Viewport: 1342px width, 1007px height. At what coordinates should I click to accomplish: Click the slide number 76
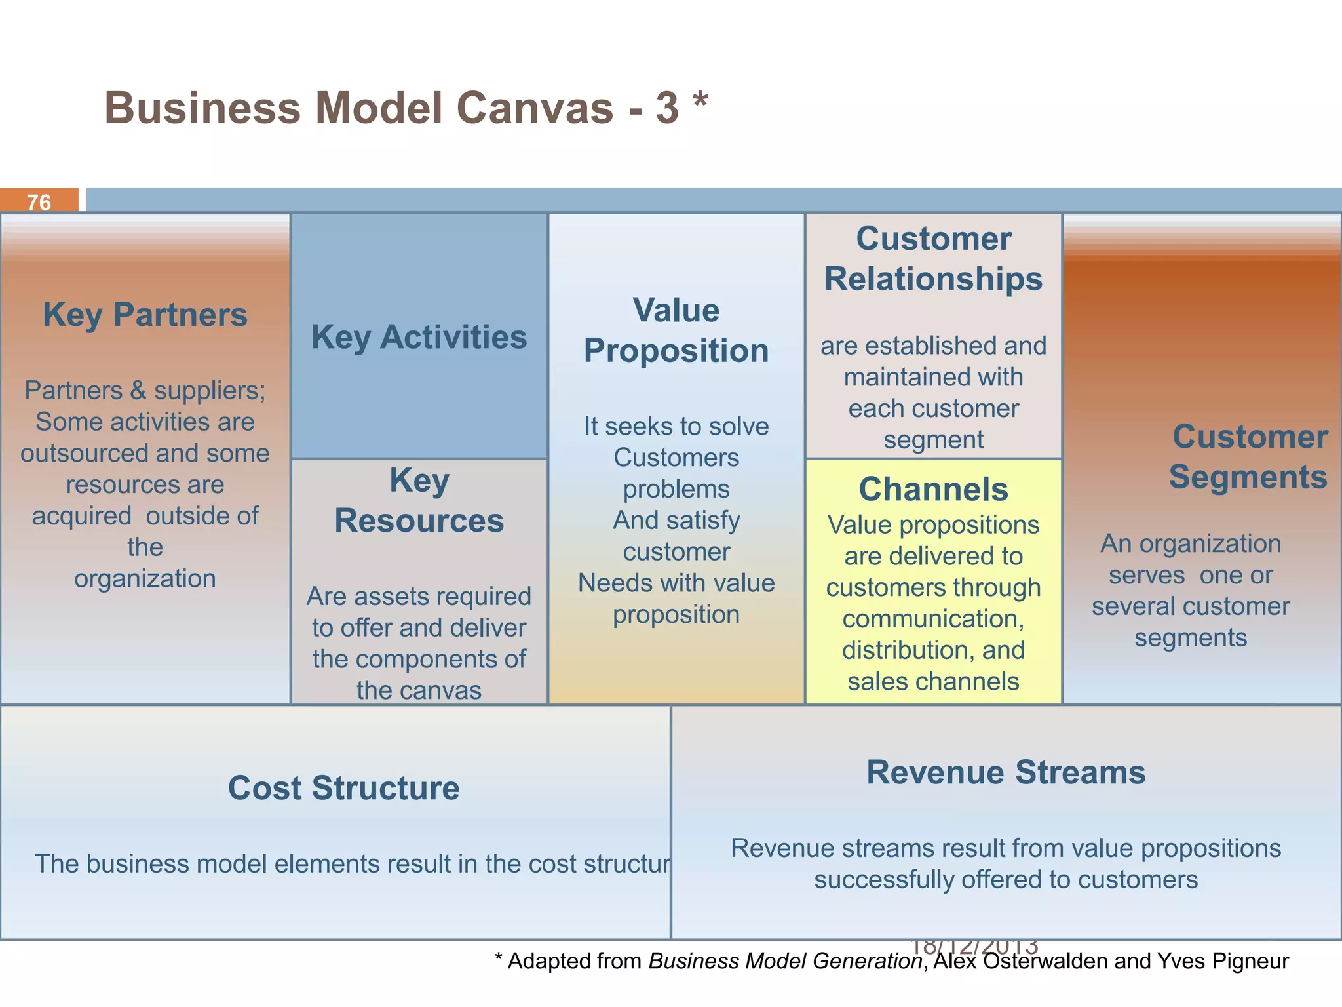coord(39,203)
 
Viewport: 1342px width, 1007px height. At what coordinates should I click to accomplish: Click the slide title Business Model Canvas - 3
coord(391,108)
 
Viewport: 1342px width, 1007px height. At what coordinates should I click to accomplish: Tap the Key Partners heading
coord(145,315)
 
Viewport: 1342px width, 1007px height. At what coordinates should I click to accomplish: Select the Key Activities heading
coord(419,337)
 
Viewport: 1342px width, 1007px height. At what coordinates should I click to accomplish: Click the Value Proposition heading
coord(676,330)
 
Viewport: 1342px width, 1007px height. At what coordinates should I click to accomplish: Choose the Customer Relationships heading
coord(933,259)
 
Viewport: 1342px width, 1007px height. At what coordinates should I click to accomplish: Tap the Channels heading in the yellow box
coord(933,489)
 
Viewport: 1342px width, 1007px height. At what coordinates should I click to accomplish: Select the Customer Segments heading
coord(1249,457)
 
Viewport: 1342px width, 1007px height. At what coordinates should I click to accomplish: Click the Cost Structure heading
coord(343,788)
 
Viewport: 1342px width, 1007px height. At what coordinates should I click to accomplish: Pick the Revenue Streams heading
coord(1006,772)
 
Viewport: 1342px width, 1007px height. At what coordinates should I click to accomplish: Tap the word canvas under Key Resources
coord(452,690)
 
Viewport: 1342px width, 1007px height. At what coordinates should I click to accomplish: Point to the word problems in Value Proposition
coord(676,489)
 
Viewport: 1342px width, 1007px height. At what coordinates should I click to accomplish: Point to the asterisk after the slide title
coord(700,102)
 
